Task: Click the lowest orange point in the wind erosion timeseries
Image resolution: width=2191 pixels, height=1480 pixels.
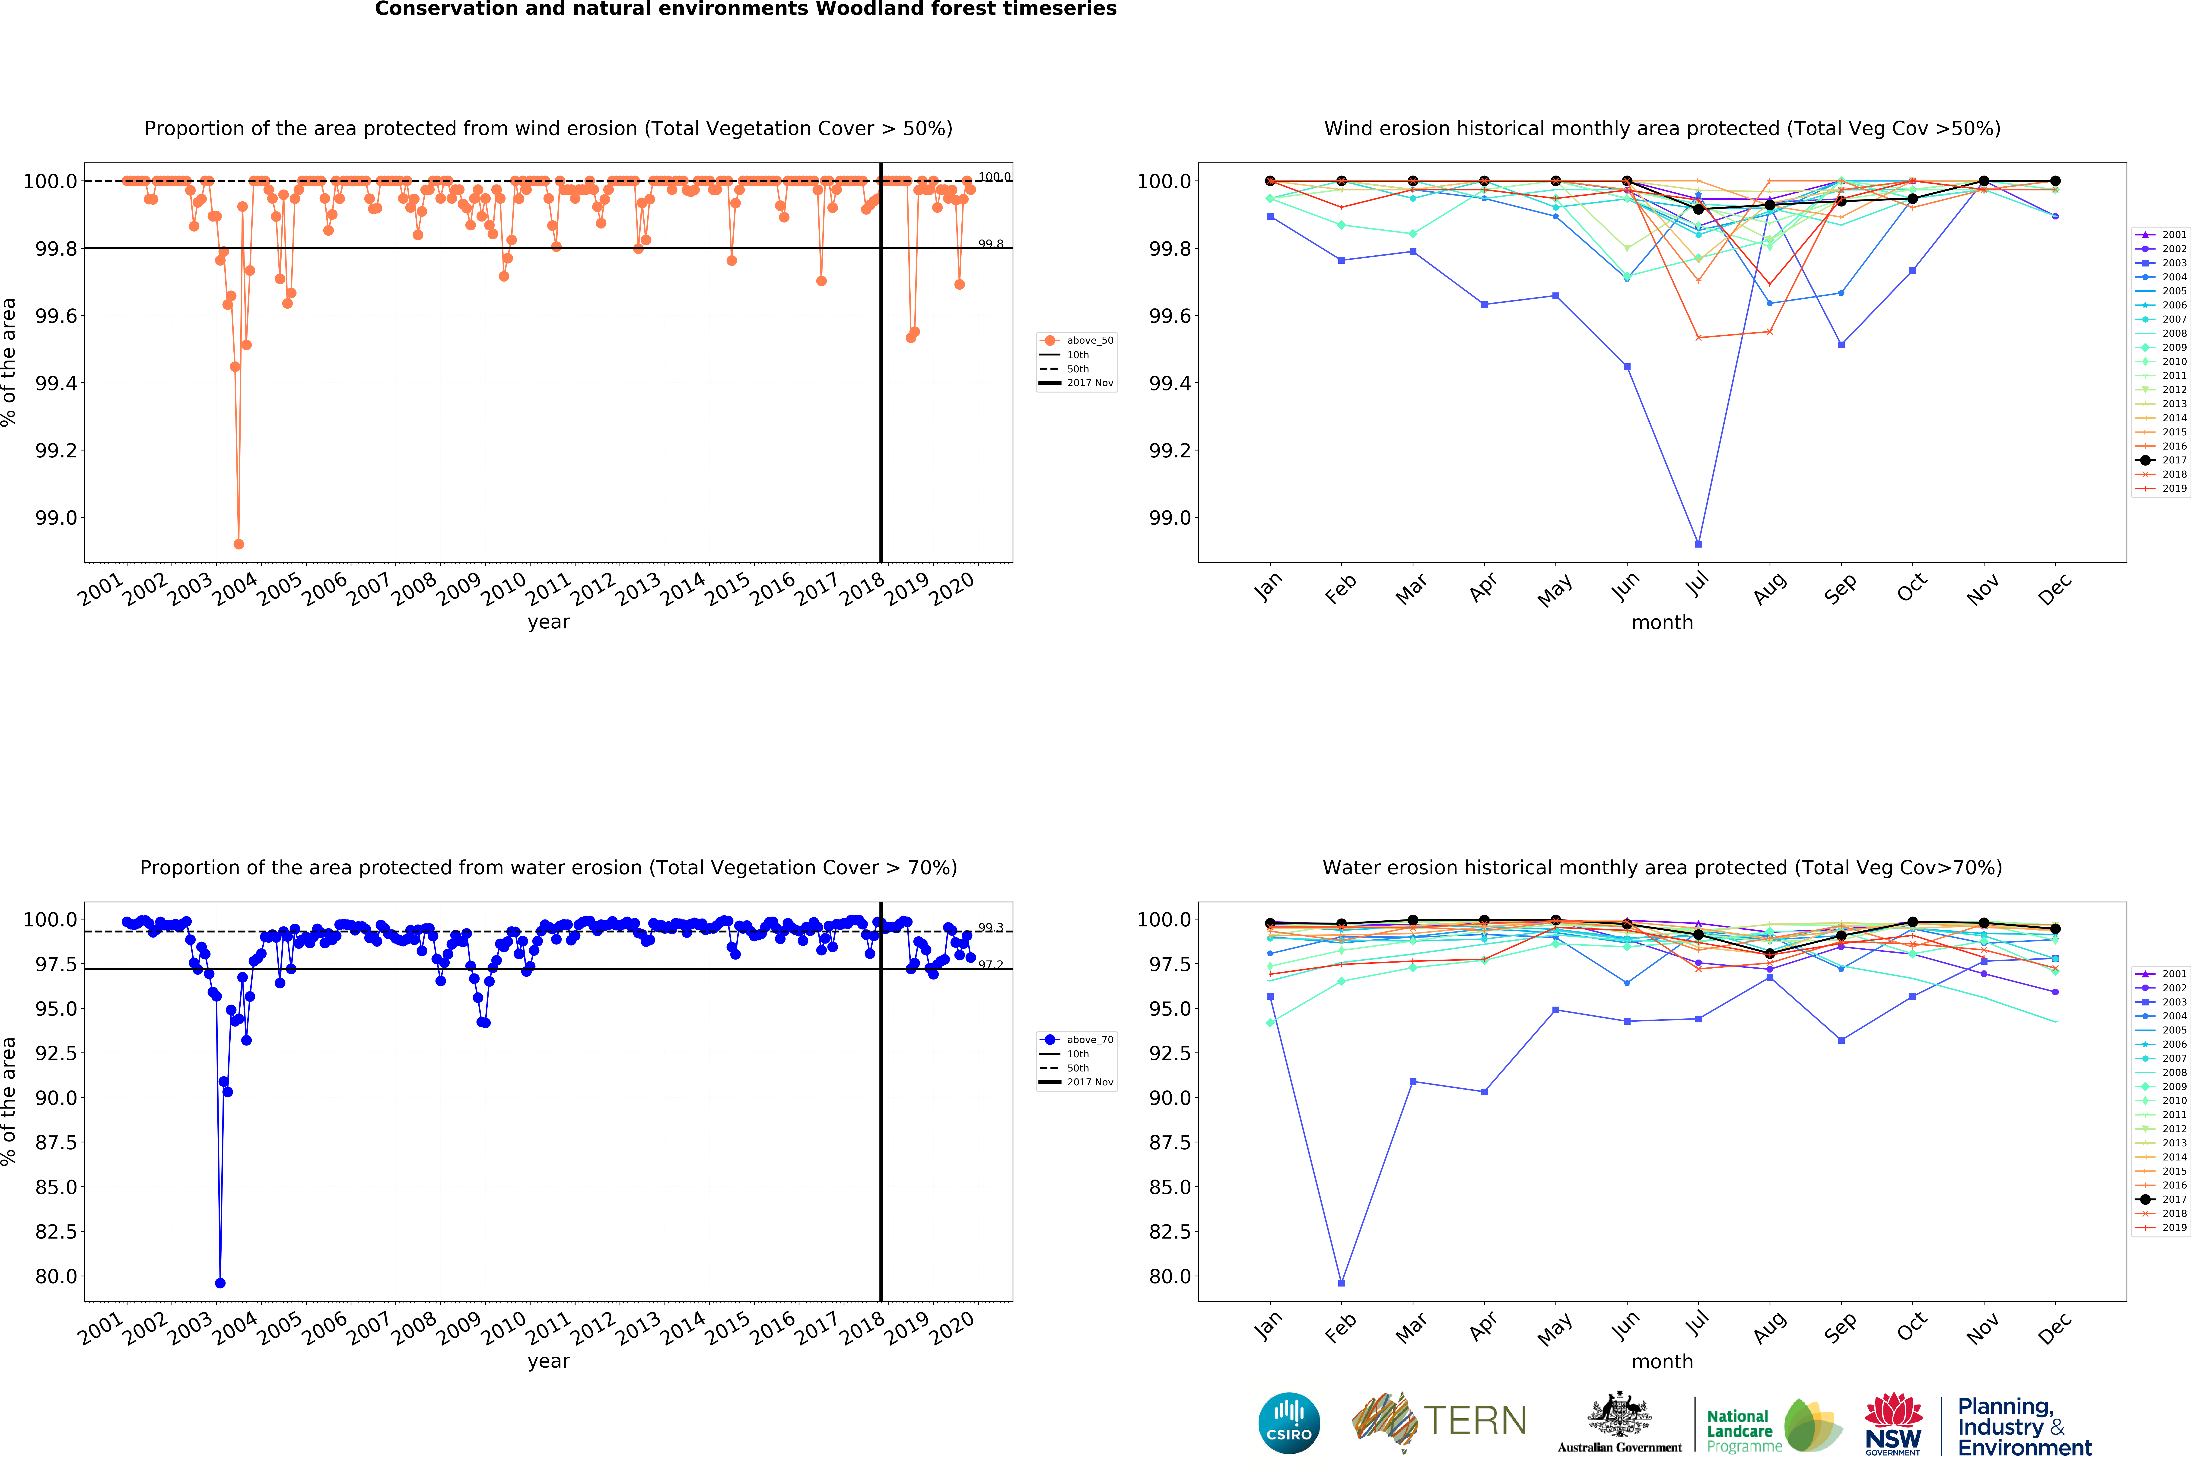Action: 238,544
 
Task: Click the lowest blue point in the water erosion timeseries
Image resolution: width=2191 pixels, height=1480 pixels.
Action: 220,1283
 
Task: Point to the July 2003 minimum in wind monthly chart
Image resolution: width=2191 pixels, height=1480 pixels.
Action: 1698,544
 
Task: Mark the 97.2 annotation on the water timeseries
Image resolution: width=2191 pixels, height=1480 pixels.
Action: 990,964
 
